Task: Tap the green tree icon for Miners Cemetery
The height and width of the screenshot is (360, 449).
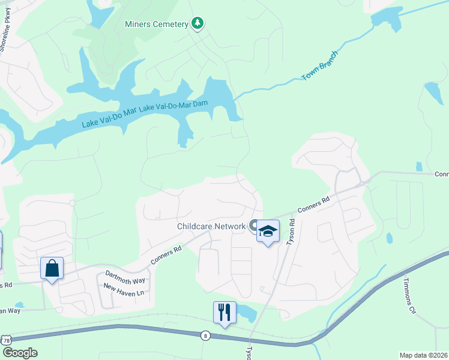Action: [x=197, y=23]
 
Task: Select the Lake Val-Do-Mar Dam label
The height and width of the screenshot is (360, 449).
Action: [x=173, y=107]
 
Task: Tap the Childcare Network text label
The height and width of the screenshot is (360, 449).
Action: [x=211, y=226]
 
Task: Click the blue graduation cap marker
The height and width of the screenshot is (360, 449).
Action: [x=268, y=231]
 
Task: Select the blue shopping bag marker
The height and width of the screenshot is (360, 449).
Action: [x=52, y=268]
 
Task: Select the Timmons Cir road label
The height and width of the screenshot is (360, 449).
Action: [x=409, y=296]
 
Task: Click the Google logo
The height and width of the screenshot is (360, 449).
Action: [x=19, y=353]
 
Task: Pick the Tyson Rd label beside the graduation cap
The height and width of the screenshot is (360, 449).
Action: [x=292, y=230]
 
